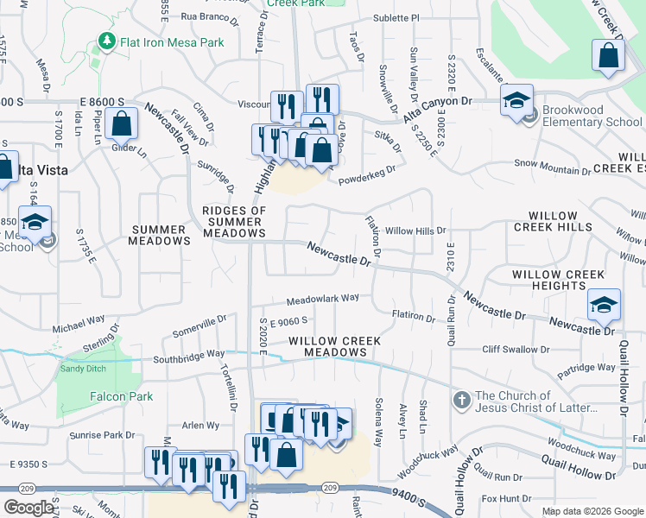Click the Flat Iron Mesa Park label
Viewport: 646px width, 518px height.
coord(172,42)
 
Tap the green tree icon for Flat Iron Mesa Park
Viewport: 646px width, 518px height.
coord(107,41)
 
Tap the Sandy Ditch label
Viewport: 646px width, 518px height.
coord(82,369)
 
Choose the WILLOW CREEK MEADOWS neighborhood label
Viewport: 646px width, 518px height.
coord(334,346)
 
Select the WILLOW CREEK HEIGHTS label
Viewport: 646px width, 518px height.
coord(559,280)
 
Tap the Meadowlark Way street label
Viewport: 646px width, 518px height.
coord(322,299)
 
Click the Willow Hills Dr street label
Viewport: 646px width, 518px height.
coord(415,231)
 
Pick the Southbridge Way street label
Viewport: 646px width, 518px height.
coord(188,354)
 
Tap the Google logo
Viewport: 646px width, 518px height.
coord(28,508)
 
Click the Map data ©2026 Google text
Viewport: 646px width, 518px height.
coord(592,511)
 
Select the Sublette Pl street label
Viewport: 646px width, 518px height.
coord(396,17)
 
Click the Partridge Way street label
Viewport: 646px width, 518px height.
coord(586,367)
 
